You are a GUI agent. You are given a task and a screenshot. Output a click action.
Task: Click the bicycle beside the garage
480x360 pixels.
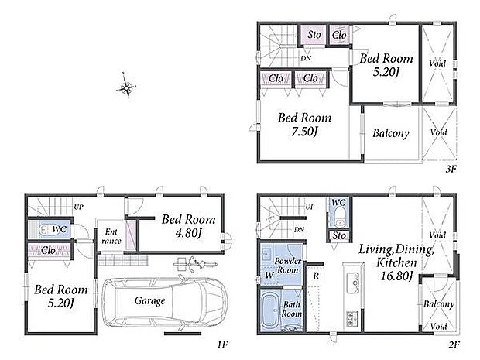pos(195,264)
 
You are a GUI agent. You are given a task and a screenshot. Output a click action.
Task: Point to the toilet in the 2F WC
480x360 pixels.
pos(339,217)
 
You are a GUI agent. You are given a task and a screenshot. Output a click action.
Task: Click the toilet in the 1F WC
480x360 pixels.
pos(45,229)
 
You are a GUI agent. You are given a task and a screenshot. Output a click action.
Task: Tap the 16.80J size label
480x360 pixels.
pos(396,276)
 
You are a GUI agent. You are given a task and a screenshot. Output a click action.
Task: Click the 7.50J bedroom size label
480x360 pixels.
pos(305,132)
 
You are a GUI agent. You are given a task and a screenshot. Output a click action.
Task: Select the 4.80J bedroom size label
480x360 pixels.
pos(189,233)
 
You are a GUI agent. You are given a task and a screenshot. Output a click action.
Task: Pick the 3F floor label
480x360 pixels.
pos(451,169)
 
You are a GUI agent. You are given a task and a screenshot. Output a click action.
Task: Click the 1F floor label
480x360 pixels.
pos(223,345)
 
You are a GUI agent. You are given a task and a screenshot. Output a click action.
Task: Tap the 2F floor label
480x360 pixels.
pos(454,345)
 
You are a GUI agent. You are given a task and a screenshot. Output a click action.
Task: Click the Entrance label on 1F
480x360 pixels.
pos(111,236)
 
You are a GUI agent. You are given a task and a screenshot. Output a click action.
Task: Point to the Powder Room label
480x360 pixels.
pos(287,266)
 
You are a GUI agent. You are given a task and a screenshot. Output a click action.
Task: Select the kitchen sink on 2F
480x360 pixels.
pos(353,279)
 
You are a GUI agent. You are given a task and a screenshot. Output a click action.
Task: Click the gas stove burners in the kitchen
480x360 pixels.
pos(353,319)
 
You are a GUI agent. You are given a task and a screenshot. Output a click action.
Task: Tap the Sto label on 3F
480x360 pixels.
pos(314,35)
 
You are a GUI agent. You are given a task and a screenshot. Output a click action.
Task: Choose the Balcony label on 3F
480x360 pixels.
pos(391,133)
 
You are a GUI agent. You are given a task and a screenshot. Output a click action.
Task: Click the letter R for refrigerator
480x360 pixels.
pos(316,276)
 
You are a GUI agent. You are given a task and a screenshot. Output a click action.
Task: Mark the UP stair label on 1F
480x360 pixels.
pos(78,207)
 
